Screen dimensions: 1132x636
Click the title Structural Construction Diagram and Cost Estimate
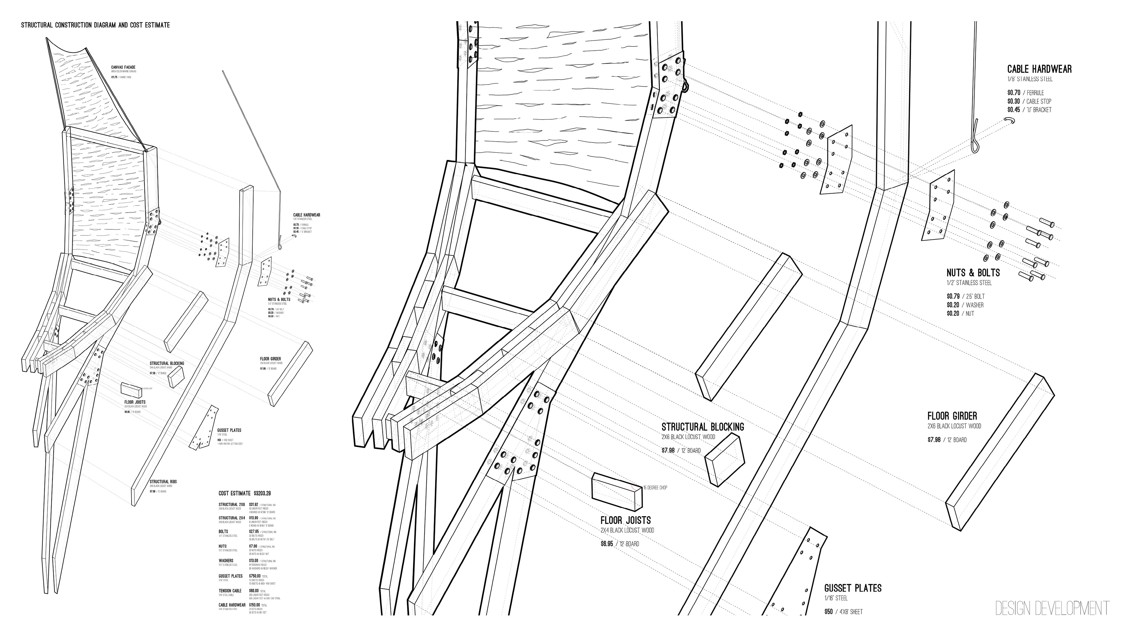pyautogui.click(x=95, y=25)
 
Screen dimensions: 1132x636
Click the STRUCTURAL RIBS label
pyautogui.click(x=163, y=481)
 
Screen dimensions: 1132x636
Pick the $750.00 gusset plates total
pyautogui.click(x=255, y=576)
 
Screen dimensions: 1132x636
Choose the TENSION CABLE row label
pyautogui.click(x=230, y=591)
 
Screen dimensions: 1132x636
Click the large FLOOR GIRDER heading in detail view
pyautogui.click(x=952, y=416)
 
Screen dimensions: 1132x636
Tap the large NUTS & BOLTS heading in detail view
pyautogui.click(x=973, y=273)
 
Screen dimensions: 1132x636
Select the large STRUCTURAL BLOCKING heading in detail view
pyautogui.click(x=703, y=427)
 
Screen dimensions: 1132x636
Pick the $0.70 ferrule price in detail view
pyautogui.click(x=1013, y=93)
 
